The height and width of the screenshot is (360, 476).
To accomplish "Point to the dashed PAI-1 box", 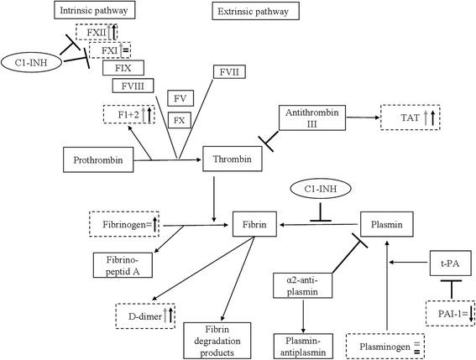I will pos(447,313).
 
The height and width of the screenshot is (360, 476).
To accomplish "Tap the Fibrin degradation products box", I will pos(215,337).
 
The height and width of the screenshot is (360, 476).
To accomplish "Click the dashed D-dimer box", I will pos(144,315).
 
